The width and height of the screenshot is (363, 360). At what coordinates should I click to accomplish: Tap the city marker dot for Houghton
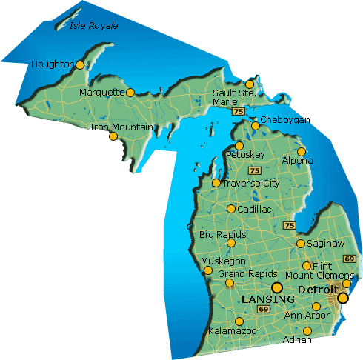point(81,65)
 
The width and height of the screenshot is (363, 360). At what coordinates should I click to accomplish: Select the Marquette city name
point(101,93)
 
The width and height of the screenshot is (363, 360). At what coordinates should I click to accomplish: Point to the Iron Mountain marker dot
point(113,136)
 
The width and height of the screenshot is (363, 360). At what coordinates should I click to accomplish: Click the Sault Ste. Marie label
point(233,96)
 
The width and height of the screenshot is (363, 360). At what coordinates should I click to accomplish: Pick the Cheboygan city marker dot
point(256,126)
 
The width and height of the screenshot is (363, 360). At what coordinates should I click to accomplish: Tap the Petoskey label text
point(245,154)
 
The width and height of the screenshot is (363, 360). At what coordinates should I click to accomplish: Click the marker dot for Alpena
point(301,152)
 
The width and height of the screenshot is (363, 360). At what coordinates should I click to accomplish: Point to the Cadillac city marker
point(231,209)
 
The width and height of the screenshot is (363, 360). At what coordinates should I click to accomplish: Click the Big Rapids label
point(222,234)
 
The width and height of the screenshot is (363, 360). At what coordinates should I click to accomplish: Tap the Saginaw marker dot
point(301,244)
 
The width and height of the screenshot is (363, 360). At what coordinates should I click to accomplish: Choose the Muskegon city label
point(224,261)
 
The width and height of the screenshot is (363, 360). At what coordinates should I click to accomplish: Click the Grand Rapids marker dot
point(230,283)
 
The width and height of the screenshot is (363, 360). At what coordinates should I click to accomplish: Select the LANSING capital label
point(268,298)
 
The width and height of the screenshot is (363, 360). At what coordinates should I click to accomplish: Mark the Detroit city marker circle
point(342,299)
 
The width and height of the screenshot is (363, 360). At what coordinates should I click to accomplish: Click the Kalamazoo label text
point(233,330)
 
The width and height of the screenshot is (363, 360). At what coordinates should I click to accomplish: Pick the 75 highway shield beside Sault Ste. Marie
point(237,111)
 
